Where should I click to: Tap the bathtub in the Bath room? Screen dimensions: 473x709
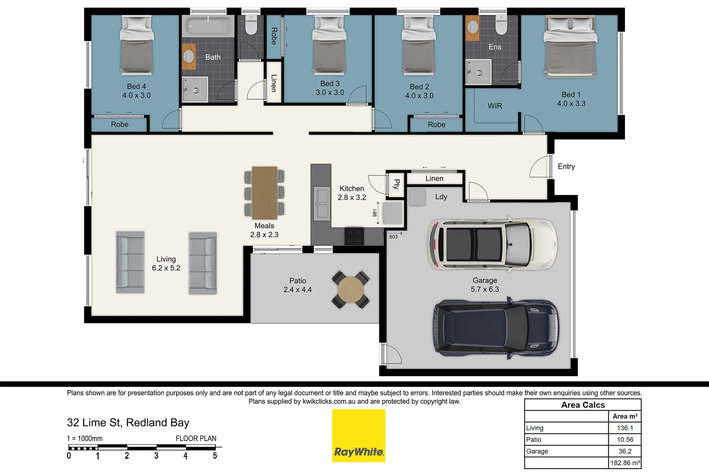tap(208, 27)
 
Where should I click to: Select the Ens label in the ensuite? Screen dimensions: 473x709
tap(494, 47)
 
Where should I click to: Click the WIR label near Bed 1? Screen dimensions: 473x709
tap(495, 106)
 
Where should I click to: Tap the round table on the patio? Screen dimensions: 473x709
tap(350, 289)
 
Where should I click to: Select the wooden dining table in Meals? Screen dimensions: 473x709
tap(265, 193)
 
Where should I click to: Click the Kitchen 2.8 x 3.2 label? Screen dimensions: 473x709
tap(352, 193)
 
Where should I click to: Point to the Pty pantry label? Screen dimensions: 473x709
tap(396, 184)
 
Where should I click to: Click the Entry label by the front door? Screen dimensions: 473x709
tap(566, 166)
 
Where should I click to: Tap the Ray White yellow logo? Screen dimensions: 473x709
tap(359, 435)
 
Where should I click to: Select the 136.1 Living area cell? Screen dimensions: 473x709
tap(624, 428)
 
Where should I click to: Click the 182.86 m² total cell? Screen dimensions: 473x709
tap(624, 462)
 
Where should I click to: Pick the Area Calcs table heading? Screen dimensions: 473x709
tap(582, 405)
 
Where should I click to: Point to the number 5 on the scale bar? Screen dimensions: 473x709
tap(215, 456)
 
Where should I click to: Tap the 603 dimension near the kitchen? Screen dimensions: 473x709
tap(393, 237)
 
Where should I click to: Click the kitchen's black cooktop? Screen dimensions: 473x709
tap(354, 236)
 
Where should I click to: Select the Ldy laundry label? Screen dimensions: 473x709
tap(441, 197)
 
